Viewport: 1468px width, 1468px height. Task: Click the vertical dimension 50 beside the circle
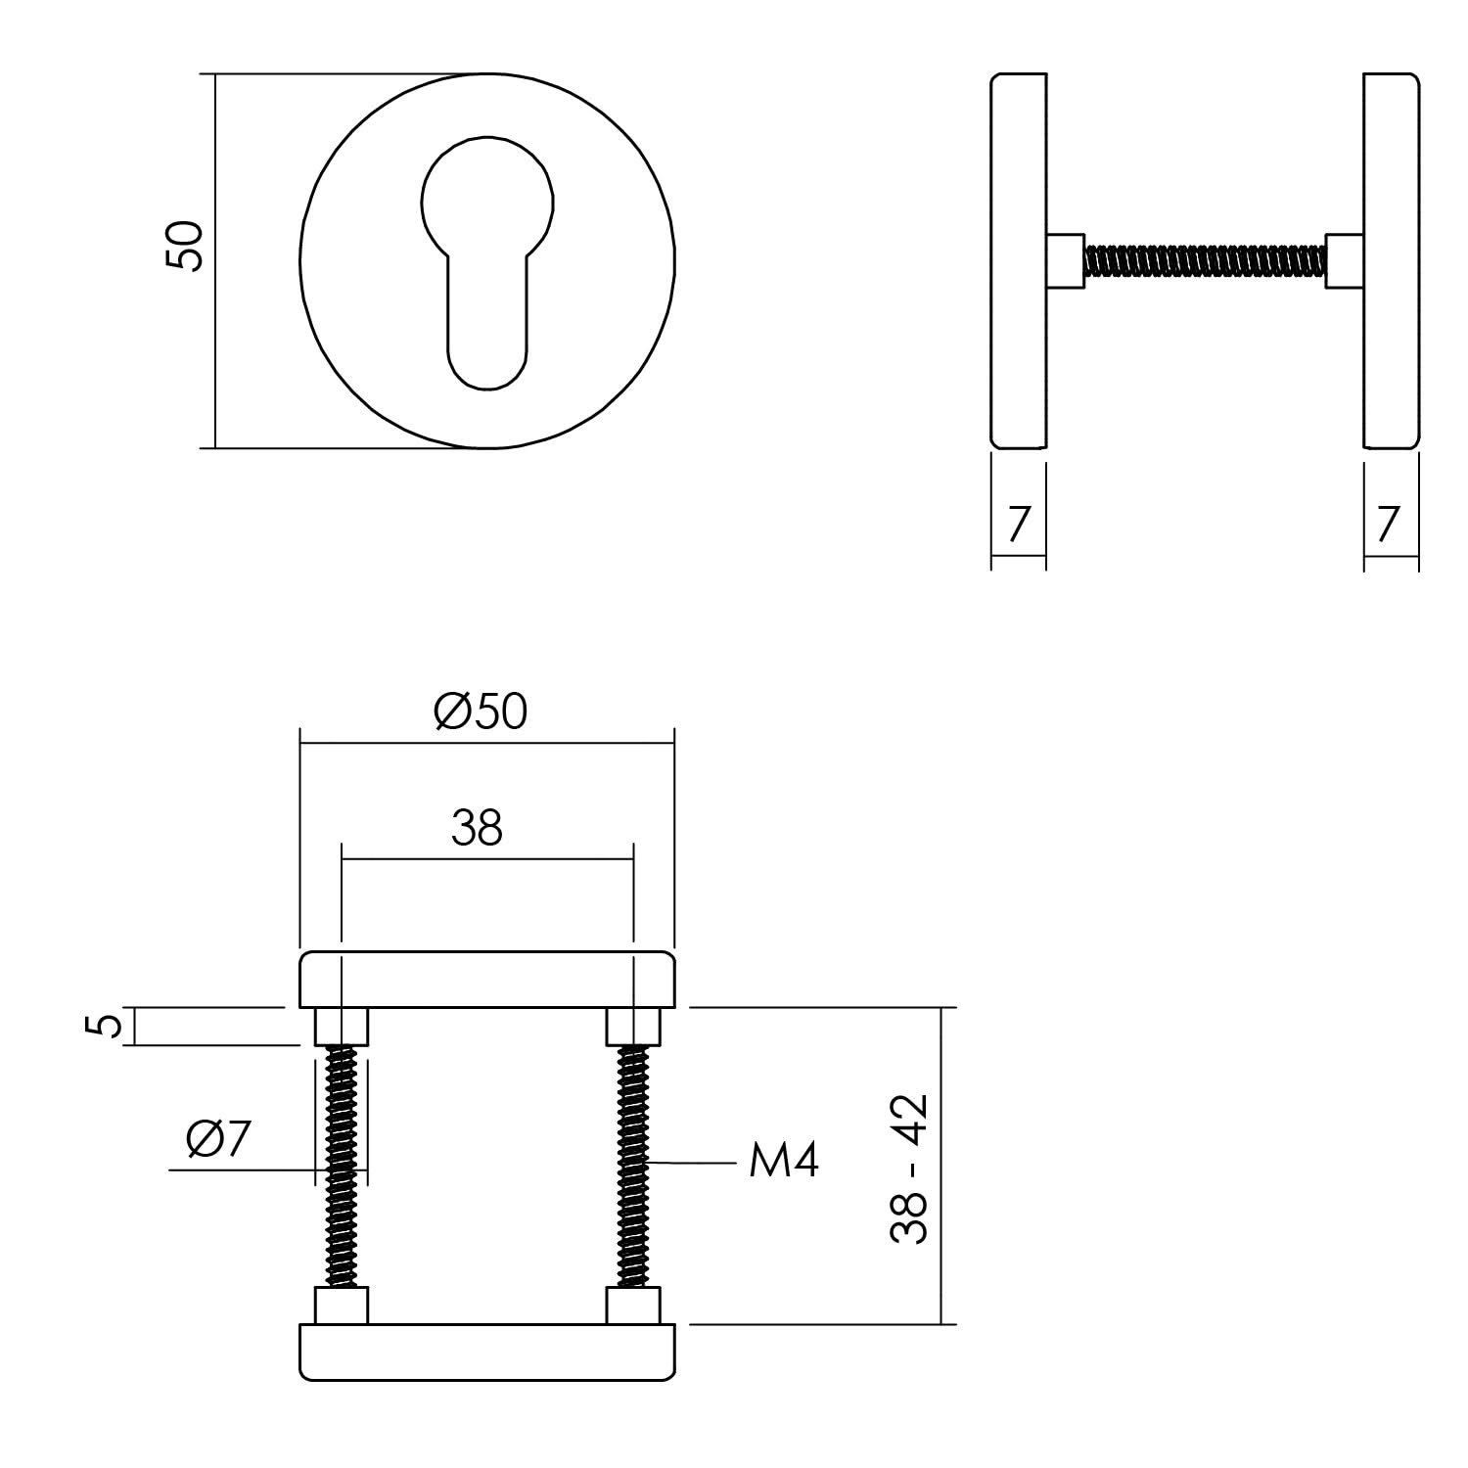(x=183, y=246)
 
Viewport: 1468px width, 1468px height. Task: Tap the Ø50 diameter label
(x=481, y=711)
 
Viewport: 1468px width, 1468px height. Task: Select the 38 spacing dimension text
(x=477, y=828)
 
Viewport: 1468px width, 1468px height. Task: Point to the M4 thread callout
(x=783, y=1162)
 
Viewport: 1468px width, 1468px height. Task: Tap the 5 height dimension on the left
(x=110, y=1026)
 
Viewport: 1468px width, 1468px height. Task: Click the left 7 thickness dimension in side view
(x=1018, y=524)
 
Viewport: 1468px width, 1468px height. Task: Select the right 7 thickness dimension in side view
(x=1388, y=524)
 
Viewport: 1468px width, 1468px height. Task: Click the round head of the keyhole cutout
(x=487, y=201)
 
